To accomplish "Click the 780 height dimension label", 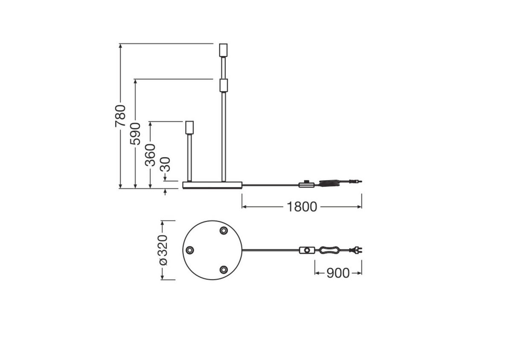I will [x=120, y=115].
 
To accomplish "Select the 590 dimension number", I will [x=135, y=133].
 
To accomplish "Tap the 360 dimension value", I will [x=150, y=155].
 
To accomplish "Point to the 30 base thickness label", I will [x=166, y=164].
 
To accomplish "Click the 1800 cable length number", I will [x=302, y=207].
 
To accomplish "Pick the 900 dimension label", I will [x=338, y=273].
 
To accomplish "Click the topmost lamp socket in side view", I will [x=223, y=50].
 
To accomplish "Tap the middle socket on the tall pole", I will [x=223, y=85].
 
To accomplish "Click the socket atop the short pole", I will [x=189, y=128].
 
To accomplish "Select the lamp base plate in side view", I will [x=212, y=185].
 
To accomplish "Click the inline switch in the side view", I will [x=306, y=184].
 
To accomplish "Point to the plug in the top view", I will [x=355, y=250].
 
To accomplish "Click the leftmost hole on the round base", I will [x=190, y=250].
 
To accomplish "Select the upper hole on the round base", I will [x=223, y=231].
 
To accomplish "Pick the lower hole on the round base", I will [x=223, y=269].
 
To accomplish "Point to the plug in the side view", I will [x=356, y=182].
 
